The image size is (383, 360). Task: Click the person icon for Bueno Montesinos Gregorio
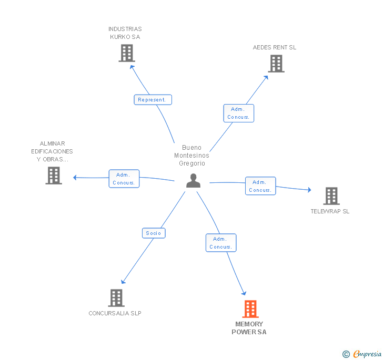[194, 181]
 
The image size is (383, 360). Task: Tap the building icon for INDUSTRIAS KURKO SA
[127, 53]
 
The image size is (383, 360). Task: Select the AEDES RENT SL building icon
[276, 64]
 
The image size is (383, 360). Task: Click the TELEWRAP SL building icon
[331, 196]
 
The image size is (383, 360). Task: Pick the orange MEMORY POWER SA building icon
[250, 309]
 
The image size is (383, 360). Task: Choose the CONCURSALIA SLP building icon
[116, 298]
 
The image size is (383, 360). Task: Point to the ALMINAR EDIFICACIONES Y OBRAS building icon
[54, 176]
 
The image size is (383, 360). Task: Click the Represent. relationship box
[153, 99]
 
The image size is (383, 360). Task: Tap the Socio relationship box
[154, 233]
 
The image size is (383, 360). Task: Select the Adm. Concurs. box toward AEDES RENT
[239, 113]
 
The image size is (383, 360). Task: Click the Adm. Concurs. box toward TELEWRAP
[260, 186]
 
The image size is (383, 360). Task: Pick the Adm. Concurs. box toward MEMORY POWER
[220, 243]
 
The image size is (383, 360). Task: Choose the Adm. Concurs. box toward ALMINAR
[124, 179]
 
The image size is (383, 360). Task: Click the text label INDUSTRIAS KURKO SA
[125, 33]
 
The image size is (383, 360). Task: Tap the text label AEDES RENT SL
[275, 47]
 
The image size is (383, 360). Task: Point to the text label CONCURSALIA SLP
[115, 313]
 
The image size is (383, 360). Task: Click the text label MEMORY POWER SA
[249, 328]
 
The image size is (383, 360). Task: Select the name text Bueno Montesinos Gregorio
[192, 156]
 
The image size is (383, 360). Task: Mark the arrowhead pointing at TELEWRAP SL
[309, 190]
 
